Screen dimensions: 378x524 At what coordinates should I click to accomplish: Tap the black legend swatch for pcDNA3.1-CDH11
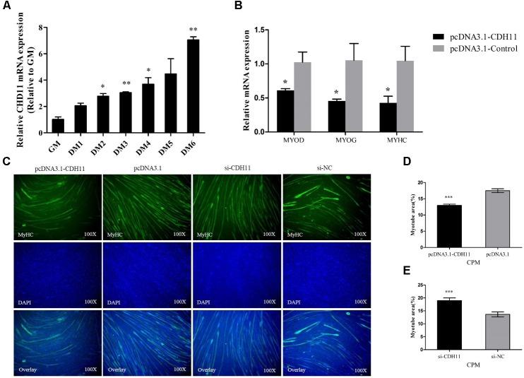tap(439, 35)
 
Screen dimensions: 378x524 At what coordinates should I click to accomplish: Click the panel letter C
tap(6, 163)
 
